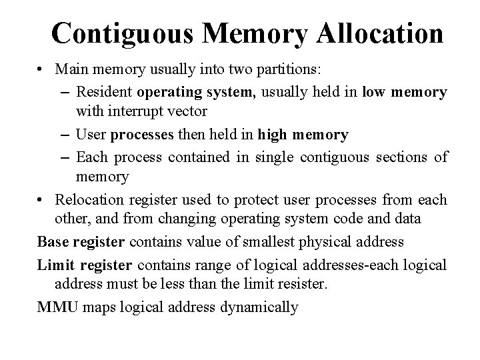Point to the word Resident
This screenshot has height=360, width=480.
point(103,91)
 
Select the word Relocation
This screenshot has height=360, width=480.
point(87,200)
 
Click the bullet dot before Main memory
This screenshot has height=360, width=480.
point(42,70)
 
